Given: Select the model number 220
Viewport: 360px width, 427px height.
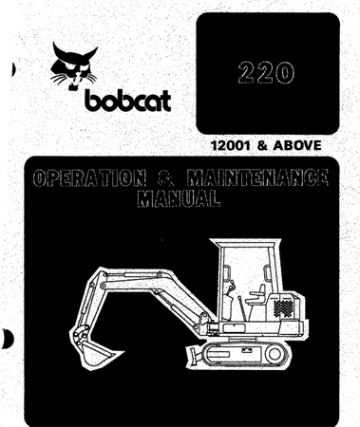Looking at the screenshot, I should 267,73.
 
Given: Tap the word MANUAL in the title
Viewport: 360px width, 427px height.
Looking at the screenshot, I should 177,199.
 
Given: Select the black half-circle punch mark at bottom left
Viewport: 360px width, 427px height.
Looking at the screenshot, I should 6,339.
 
